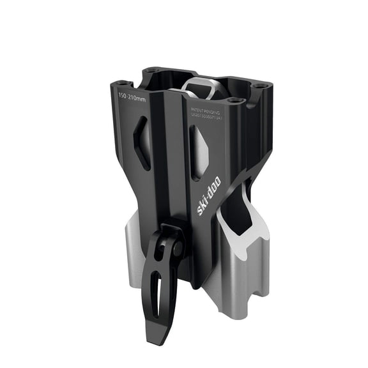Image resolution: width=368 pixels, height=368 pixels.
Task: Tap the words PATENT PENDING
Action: click(x=205, y=111)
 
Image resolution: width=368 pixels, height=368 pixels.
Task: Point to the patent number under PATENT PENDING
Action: click(x=206, y=117)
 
